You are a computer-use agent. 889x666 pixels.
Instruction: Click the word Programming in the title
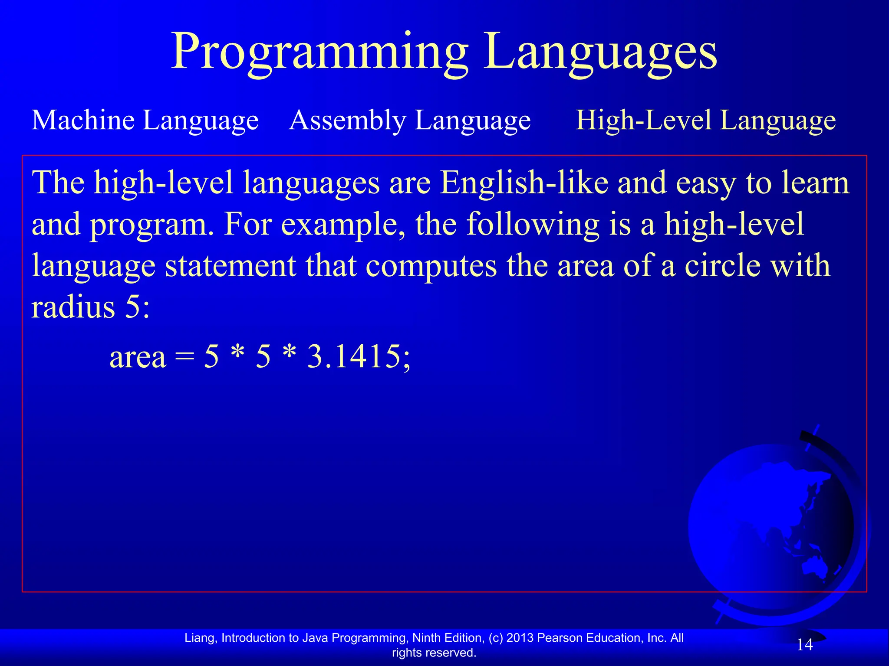pyautogui.click(x=319, y=52)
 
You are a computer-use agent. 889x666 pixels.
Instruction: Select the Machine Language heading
pyautogui.click(x=145, y=120)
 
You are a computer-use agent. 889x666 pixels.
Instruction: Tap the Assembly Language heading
pyautogui.click(x=409, y=120)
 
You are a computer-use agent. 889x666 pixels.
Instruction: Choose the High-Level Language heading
pyautogui.click(x=705, y=120)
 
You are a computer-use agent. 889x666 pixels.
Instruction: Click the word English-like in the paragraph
pyautogui.click(x=524, y=183)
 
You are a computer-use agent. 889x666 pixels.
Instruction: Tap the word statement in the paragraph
pyautogui.click(x=230, y=266)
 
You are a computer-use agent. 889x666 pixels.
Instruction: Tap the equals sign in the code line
pyautogui.click(x=184, y=358)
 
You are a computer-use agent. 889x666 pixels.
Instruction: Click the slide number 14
pyautogui.click(x=804, y=645)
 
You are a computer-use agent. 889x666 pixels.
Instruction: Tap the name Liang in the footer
pyautogui.click(x=201, y=638)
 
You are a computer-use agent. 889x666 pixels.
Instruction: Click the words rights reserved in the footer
pyautogui.click(x=434, y=653)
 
